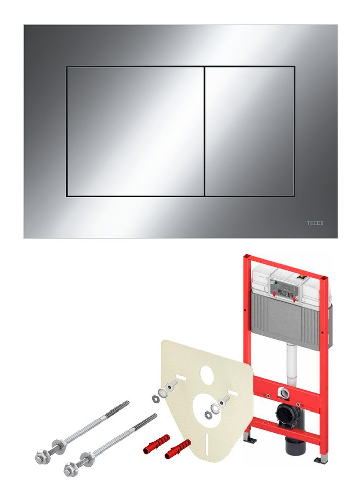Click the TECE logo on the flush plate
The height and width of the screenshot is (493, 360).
(315, 223)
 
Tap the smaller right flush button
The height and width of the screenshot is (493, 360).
(250, 132)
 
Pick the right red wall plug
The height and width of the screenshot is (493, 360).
(177, 448)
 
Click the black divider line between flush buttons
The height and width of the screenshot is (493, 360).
(205, 132)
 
